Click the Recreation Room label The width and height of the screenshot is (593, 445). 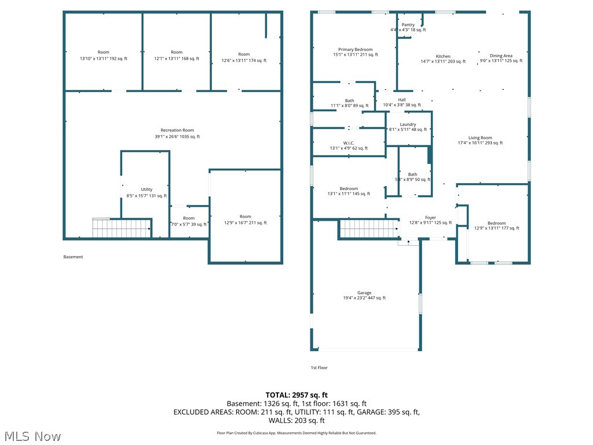click(177, 130)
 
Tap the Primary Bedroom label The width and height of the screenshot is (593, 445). click(355, 50)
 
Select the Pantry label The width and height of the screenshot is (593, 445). click(408, 25)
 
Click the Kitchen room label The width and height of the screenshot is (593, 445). click(443, 57)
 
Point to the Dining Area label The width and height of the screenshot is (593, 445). click(501, 56)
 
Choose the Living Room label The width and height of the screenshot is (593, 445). click(480, 138)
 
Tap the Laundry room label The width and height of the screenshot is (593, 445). click(408, 125)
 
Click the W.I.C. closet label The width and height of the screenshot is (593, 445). click(349, 143)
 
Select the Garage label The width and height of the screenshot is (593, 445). click(364, 293)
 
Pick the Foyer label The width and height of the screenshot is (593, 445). click(430, 218)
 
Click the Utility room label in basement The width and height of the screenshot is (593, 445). click(147, 189)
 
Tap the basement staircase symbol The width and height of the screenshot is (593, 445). click(121, 228)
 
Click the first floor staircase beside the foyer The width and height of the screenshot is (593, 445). click(368, 228)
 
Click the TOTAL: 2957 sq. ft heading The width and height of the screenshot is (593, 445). click(296, 395)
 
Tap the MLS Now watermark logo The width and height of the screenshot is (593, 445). click(32, 436)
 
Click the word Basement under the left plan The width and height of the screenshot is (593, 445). click(73, 257)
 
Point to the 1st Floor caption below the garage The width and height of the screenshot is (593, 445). click(319, 367)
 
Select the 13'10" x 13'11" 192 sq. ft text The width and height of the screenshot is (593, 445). click(103, 59)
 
